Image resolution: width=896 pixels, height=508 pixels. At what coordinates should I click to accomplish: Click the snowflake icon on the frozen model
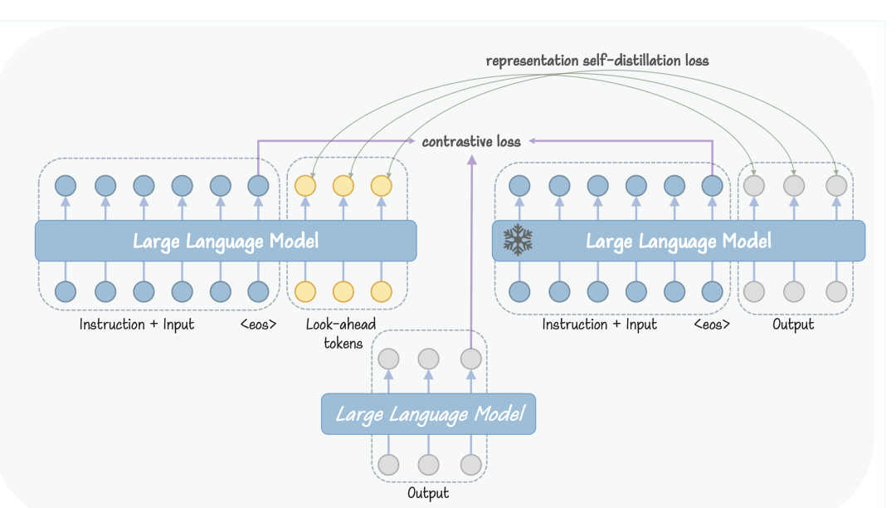click(518, 239)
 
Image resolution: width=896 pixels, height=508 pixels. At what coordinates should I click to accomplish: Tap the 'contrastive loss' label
click(471, 141)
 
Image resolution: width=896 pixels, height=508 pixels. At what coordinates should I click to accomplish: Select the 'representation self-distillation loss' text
click(597, 61)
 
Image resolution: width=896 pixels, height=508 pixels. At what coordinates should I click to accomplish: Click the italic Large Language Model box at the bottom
click(429, 413)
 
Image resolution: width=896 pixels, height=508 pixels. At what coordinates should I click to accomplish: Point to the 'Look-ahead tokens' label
click(341, 334)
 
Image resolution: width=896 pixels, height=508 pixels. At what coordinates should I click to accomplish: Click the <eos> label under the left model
click(258, 325)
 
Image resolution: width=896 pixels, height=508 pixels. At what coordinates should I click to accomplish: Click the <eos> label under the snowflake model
click(712, 325)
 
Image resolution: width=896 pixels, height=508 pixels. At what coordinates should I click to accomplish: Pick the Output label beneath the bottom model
click(428, 493)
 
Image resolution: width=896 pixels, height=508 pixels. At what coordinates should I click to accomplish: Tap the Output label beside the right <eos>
click(793, 325)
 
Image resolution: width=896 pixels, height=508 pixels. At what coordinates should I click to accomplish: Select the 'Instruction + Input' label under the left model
click(137, 325)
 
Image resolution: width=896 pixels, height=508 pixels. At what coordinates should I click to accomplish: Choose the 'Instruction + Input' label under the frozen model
click(600, 325)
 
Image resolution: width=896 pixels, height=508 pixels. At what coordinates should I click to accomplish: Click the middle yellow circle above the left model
click(343, 186)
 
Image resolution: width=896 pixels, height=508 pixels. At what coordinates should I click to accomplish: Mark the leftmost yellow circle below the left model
click(305, 291)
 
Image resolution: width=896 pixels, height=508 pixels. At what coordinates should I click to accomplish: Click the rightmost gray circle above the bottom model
click(471, 359)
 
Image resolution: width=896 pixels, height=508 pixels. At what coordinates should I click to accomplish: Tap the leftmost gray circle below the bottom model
click(388, 465)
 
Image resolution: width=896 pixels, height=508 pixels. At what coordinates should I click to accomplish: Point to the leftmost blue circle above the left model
click(66, 186)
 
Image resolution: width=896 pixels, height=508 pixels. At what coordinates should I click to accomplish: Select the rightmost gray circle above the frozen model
click(836, 186)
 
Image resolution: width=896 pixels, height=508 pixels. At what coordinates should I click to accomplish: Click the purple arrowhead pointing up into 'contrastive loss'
click(471, 159)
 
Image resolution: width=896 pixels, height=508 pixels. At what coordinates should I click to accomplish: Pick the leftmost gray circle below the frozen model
click(754, 291)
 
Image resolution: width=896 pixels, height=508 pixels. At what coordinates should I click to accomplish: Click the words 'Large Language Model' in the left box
click(226, 242)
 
